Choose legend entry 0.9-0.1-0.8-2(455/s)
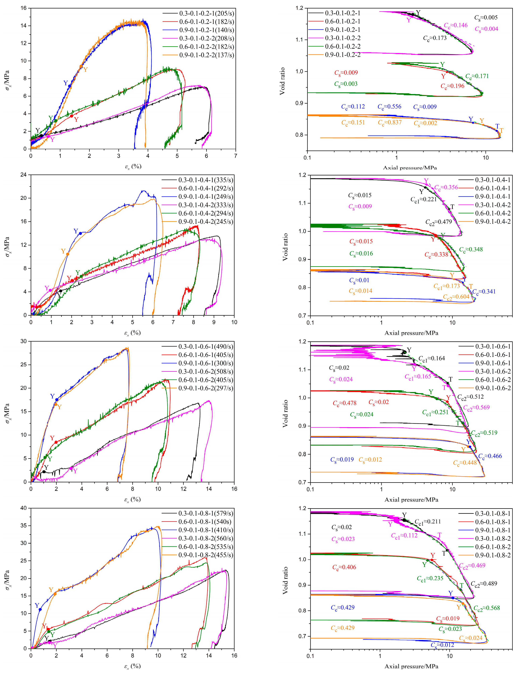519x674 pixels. (205, 555)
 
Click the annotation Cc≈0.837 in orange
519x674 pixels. (390, 123)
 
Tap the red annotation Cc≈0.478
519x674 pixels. (344, 403)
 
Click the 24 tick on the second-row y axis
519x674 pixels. (24, 175)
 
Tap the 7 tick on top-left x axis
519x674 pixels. (236, 156)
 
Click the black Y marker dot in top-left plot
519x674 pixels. (41, 135)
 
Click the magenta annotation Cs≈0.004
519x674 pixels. (486, 29)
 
